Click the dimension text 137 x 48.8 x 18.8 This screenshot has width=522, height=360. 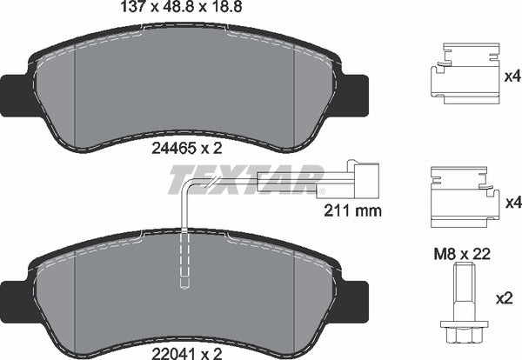181,7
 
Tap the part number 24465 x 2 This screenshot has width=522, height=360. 187,149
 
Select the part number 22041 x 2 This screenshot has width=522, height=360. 187,354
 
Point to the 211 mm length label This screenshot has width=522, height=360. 353,210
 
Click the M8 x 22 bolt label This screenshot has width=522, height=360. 462,254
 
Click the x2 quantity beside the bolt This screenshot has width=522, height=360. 504,298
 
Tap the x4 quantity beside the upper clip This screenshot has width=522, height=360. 512,77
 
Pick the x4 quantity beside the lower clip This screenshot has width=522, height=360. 513,203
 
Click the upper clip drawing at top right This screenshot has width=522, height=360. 465,74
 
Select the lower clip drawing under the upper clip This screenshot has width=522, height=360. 465,197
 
